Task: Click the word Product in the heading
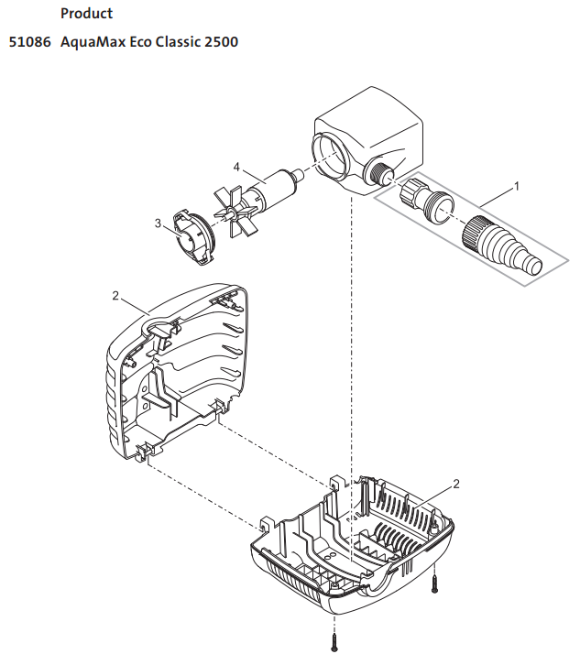86,14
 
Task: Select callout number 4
236,167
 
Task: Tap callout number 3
158,223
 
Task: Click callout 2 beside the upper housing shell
115,296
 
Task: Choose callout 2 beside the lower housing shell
455,483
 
